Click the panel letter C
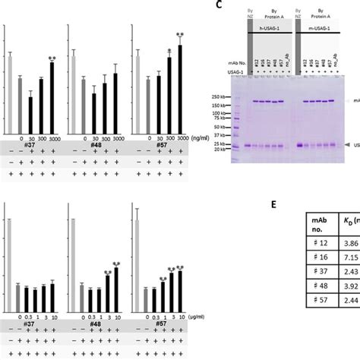(218, 5)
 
